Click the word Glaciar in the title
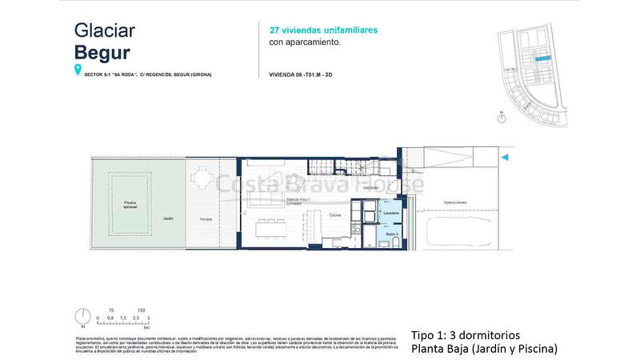pos(104,30)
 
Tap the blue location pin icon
pos(78,71)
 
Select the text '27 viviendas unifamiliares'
pos(323,30)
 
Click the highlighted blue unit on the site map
pos(542,58)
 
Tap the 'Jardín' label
pos(168,218)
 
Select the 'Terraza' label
pos(205,218)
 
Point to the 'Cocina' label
pos(335,215)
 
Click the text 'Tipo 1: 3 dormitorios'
pos(465,335)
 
